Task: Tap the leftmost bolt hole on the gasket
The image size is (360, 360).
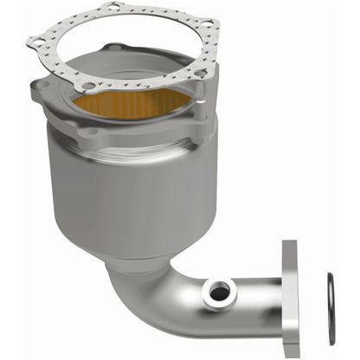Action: [37, 40]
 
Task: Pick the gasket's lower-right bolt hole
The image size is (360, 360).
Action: [200, 74]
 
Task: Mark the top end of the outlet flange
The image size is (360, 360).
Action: [290, 251]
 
